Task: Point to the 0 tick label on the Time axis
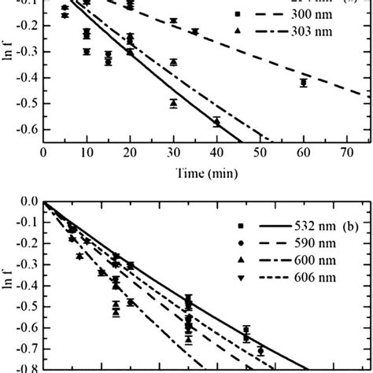pos(43,154)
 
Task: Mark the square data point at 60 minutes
pos(303,83)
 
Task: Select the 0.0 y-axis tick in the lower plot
pos(28,202)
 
